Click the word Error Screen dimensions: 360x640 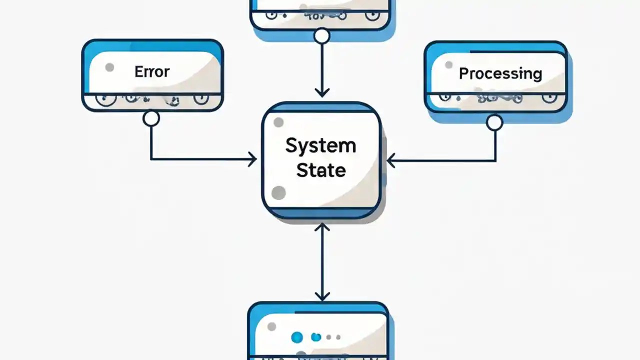(152, 71)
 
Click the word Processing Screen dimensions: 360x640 (500, 73)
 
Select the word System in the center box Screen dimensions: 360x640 (320, 146)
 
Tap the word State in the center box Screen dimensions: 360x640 (320, 170)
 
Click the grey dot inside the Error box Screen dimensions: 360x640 (109, 67)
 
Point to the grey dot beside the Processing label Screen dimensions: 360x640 (448, 65)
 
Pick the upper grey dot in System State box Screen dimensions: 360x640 (278, 122)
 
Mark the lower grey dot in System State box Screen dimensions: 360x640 (278, 192)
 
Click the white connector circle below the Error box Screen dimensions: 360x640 (151, 118)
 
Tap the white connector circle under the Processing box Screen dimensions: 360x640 (494, 122)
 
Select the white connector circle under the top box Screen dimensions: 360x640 (322, 36)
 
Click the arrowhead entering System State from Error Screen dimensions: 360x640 (252, 159)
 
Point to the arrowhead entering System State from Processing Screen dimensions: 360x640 (391, 160)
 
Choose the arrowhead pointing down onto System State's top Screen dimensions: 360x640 (322, 92)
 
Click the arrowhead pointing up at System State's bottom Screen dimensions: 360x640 (322, 228)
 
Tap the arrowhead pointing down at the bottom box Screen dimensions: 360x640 (322, 296)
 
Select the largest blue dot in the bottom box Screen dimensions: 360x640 (297, 337)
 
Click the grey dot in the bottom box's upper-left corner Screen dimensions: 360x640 (271, 327)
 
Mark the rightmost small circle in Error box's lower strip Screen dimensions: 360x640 (201, 98)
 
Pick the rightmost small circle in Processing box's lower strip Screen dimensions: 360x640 (548, 97)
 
